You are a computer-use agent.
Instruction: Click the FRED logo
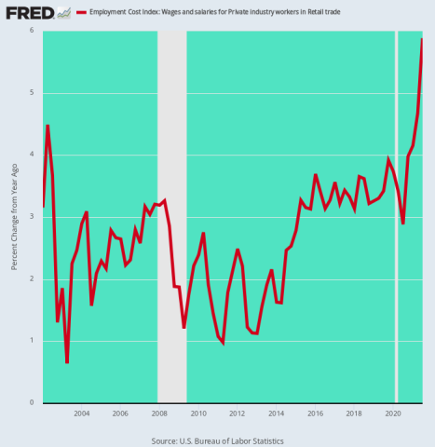(25, 13)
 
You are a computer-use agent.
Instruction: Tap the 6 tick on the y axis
(32, 31)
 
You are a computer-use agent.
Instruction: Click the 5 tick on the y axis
(32, 93)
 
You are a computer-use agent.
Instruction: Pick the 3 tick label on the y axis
(32, 217)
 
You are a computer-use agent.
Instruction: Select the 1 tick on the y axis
(32, 341)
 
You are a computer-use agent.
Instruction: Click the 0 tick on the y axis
(32, 403)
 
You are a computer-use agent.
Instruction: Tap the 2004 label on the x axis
(81, 413)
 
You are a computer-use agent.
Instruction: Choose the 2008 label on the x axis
(159, 413)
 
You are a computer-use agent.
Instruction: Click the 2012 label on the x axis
(237, 413)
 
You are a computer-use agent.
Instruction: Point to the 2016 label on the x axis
(315, 413)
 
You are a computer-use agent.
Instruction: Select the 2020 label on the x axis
(392, 413)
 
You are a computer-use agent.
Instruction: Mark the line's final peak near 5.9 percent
(422, 39)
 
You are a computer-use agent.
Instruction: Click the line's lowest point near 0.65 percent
(67, 362)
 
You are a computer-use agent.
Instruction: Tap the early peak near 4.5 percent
(48, 125)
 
